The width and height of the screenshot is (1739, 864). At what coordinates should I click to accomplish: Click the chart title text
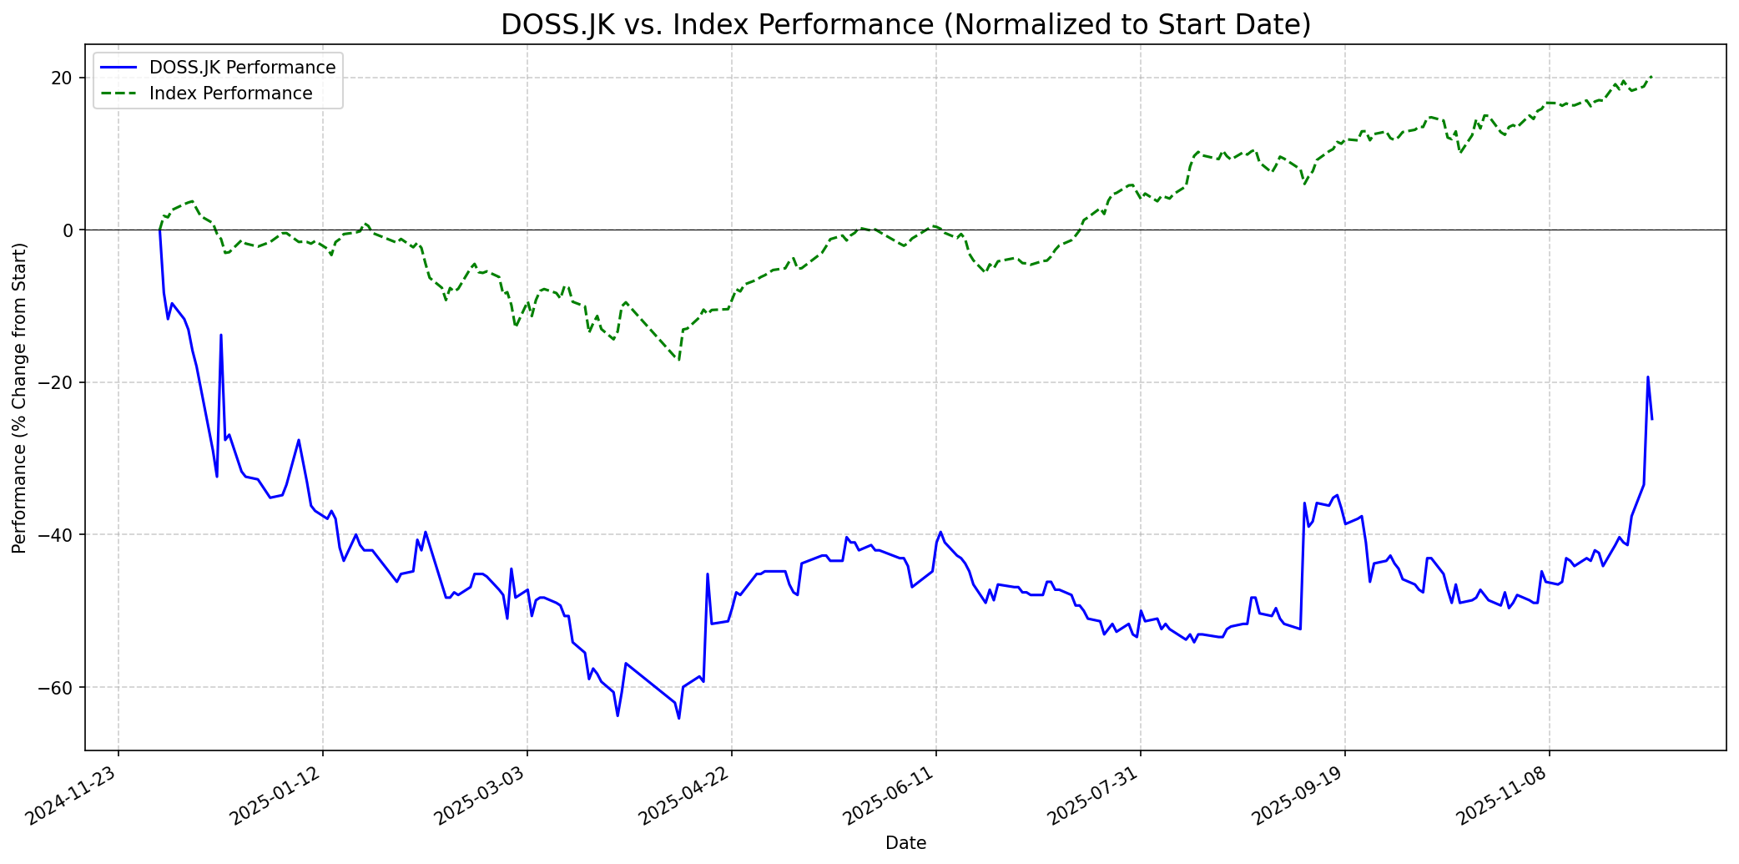coord(905,25)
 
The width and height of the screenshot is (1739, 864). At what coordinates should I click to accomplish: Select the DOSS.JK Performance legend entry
coord(242,68)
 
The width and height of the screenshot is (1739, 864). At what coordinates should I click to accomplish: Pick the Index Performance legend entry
coord(230,93)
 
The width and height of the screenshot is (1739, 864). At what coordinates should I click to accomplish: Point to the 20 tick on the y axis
coord(62,78)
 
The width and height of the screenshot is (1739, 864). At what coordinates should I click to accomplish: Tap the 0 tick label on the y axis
coord(68,230)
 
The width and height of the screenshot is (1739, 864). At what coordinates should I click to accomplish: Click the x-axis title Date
coord(905,844)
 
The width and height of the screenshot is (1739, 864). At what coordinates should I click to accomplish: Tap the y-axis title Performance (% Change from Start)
coord(20,397)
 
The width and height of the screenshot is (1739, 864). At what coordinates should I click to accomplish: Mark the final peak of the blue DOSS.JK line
coord(1647,377)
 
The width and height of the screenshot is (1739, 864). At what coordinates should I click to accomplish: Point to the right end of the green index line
coord(1651,77)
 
